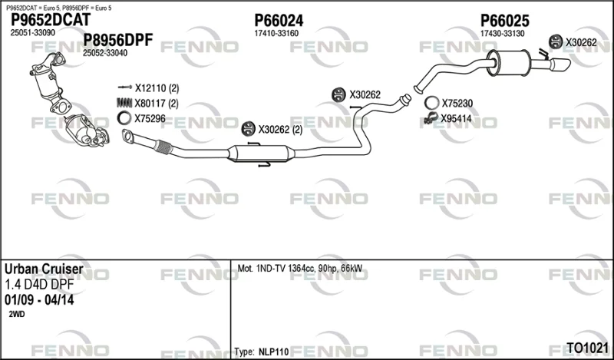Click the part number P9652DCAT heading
(50, 20)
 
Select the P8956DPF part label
(118, 40)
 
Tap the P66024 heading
(279, 21)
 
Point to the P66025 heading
(505, 21)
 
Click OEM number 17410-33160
(276, 34)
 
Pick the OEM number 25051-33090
(32, 33)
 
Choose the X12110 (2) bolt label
(157, 88)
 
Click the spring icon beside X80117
(124, 103)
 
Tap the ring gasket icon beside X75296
(124, 118)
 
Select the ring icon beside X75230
(432, 103)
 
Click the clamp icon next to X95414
(431, 118)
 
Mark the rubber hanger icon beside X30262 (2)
(248, 129)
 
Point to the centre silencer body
(261, 154)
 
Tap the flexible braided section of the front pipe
(163, 147)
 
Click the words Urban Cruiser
(44, 269)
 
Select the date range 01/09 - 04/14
(39, 300)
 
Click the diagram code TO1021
(587, 348)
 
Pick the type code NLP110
(274, 352)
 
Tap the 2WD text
(16, 314)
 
